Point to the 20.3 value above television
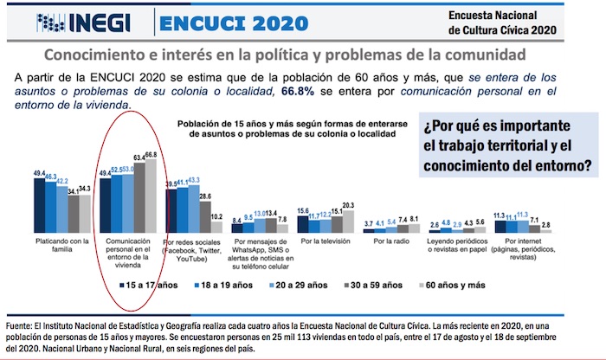click(x=348, y=205)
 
